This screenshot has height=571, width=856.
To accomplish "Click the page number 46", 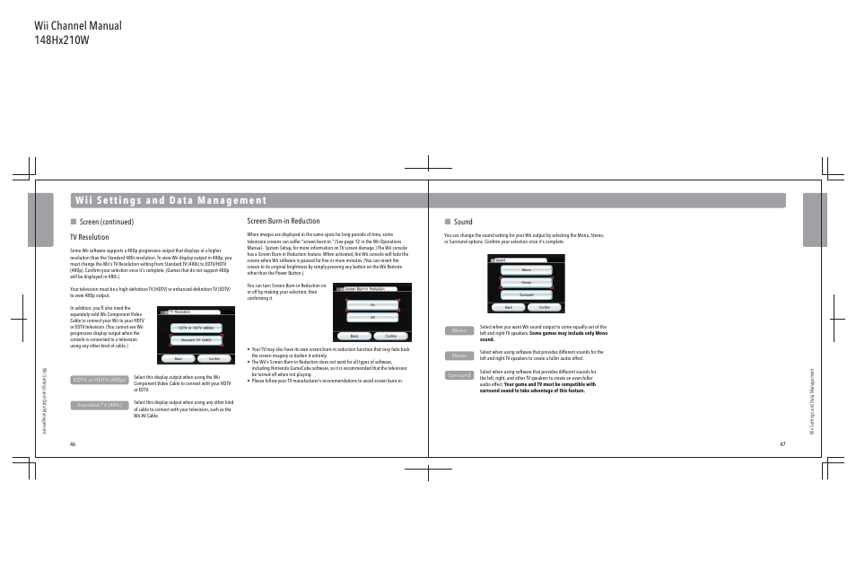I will point(73,444).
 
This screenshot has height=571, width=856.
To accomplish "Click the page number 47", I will point(782,444).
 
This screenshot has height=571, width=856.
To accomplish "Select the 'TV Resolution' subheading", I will point(89,237).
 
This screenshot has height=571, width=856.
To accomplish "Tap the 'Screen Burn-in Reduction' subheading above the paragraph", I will point(283,221).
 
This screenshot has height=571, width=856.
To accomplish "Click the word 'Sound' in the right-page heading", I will point(463,222).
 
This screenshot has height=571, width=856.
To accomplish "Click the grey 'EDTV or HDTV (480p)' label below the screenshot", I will point(100,380).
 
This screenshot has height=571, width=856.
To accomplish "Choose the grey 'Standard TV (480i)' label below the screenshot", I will point(100,405).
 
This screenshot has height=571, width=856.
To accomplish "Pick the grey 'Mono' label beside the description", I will point(459,330).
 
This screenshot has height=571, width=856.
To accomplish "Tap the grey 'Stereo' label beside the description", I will point(459,356).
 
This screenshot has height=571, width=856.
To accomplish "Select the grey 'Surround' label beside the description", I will point(459,375).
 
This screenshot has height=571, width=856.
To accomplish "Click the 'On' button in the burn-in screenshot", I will point(371,305).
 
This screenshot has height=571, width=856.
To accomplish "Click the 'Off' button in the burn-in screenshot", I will point(371,318).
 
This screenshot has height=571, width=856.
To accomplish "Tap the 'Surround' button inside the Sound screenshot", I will point(527,294).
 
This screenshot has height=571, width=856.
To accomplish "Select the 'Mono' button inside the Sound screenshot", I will point(527,270).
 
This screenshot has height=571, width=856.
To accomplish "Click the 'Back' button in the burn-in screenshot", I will point(354,336).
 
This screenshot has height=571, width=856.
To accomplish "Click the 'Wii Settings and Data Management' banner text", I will point(171,200).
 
